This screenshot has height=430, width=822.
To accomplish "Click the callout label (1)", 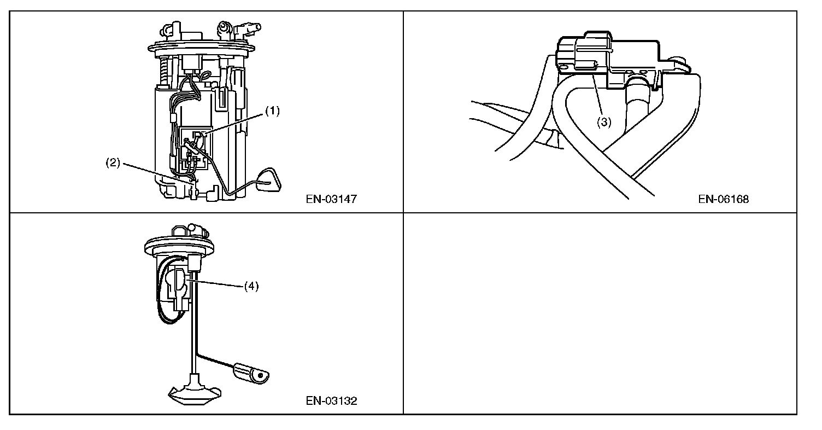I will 272,111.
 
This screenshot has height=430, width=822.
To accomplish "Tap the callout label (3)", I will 603,123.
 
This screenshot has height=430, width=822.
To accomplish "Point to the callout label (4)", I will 251,286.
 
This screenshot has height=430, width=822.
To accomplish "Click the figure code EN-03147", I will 331,199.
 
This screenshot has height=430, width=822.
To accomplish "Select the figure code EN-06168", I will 723,199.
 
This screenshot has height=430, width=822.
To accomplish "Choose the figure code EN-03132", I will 331,401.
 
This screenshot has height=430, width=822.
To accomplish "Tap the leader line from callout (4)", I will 216,283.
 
